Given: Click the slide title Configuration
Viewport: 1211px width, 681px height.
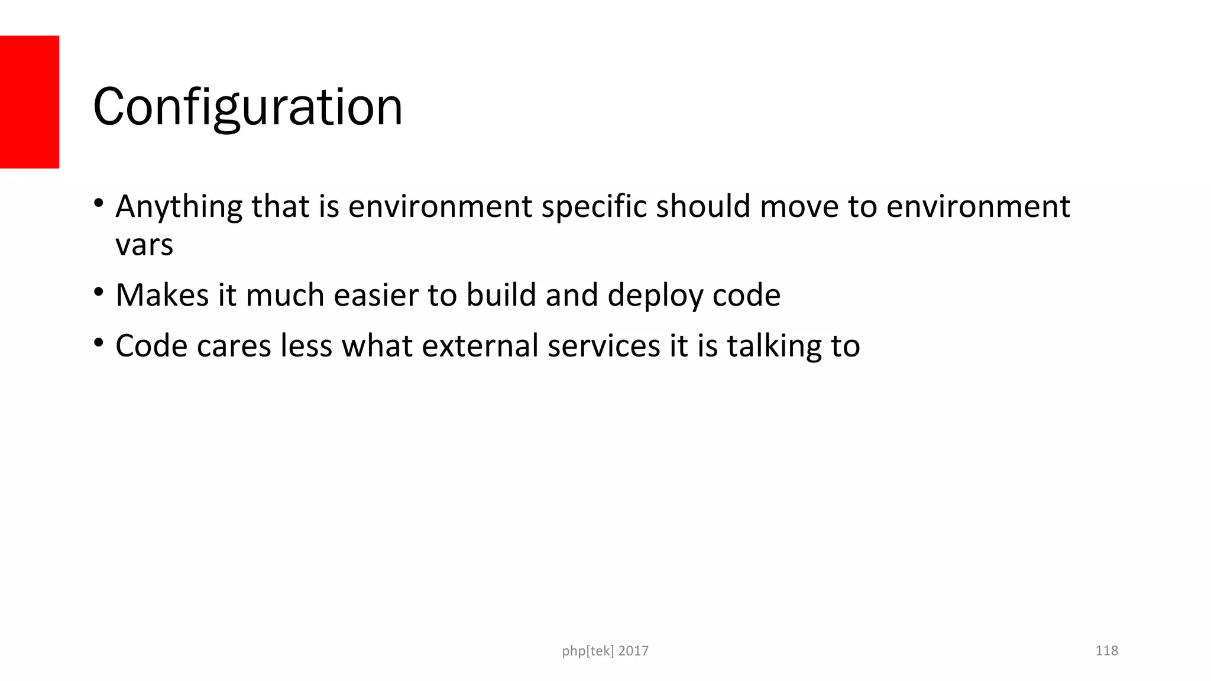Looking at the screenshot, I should click(248, 107).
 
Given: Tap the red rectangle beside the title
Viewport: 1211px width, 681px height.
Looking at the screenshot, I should click(29, 102).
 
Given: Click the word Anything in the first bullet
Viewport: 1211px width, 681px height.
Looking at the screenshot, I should click(179, 207).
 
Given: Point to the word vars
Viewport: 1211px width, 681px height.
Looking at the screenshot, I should click(144, 245).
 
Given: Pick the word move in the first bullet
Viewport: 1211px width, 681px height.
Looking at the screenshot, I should click(799, 206).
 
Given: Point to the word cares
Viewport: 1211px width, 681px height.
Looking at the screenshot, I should click(234, 346).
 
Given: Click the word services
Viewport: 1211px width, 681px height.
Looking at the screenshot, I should click(603, 346).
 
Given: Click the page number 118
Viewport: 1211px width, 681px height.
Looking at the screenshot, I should click(1106, 651).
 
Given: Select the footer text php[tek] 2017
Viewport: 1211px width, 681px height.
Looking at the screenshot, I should click(605, 651).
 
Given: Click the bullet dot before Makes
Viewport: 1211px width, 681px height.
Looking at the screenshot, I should click(98, 292).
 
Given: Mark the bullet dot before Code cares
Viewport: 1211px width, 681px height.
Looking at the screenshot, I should click(98, 343).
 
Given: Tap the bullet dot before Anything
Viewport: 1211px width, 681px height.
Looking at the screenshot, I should click(98, 204).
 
